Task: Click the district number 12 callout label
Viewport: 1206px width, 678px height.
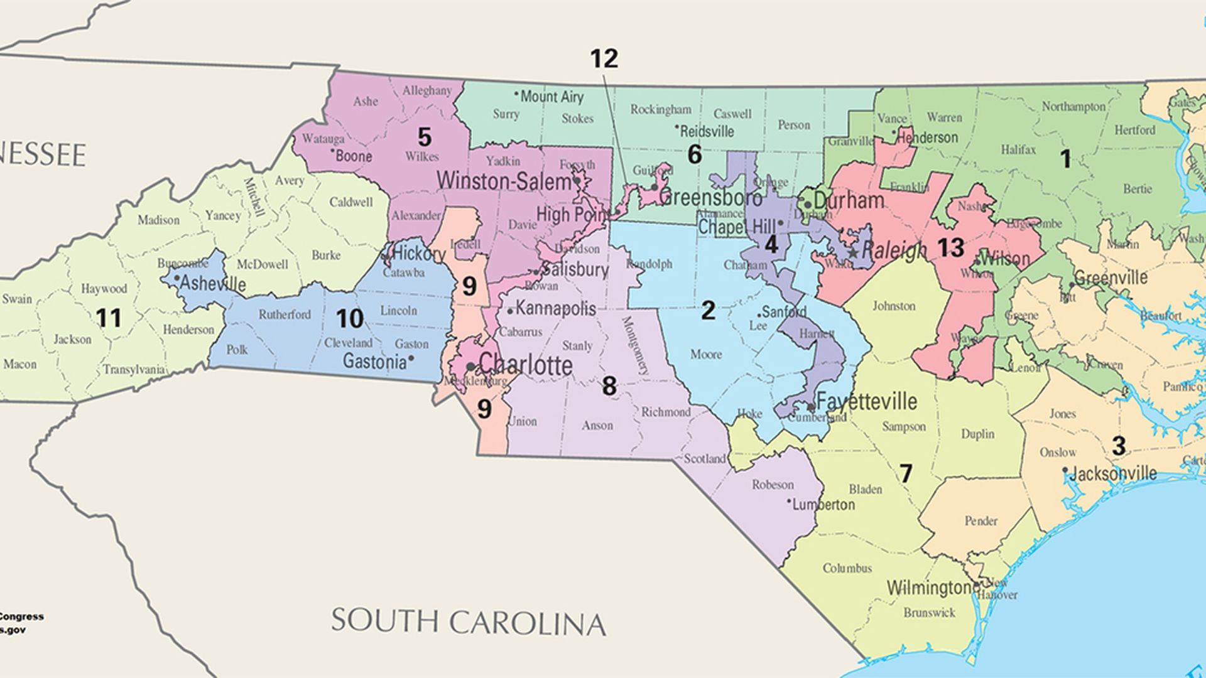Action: pyautogui.click(x=604, y=59)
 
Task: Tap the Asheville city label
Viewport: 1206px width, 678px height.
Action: pyautogui.click(x=213, y=284)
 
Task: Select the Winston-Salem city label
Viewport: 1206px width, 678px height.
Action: pyautogui.click(x=503, y=181)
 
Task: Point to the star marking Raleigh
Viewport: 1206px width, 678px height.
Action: pyautogui.click(x=853, y=252)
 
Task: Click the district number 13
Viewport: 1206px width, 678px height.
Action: pyautogui.click(x=950, y=248)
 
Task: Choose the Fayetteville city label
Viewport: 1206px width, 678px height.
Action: pyautogui.click(x=867, y=401)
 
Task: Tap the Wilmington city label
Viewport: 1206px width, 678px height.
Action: pyautogui.click(x=930, y=588)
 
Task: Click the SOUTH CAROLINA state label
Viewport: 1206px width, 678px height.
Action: pyautogui.click(x=468, y=621)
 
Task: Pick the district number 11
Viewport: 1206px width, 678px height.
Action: pyautogui.click(x=109, y=318)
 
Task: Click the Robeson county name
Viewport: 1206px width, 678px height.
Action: pyautogui.click(x=773, y=485)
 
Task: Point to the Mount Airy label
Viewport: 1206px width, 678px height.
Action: pyautogui.click(x=551, y=97)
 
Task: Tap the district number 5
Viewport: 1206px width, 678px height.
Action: pyautogui.click(x=425, y=137)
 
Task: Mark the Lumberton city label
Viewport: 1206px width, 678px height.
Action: pyautogui.click(x=823, y=505)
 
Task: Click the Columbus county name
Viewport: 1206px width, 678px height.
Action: pyautogui.click(x=847, y=568)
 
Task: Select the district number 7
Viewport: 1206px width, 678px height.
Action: pyautogui.click(x=905, y=473)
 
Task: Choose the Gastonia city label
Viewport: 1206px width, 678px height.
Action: pyautogui.click(x=374, y=362)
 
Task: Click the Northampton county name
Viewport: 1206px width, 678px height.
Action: pyautogui.click(x=1073, y=107)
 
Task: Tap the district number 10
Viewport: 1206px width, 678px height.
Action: pyautogui.click(x=349, y=319)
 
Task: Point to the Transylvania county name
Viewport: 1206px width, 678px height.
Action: pyautogui.click(x=134, y=369)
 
